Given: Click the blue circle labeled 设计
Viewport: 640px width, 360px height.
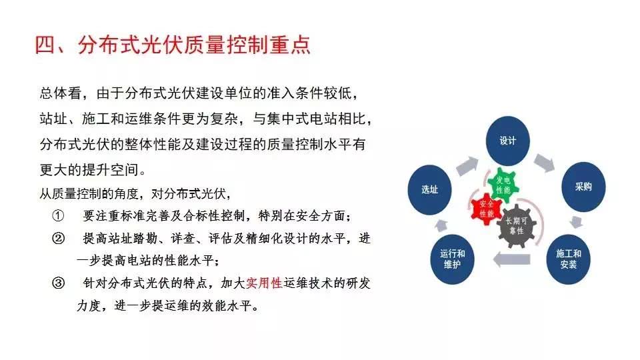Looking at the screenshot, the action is (507, 141).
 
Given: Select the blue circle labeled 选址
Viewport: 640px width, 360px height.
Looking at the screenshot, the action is (429, 190).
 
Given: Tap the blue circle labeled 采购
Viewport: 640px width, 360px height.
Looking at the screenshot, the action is (583, 187).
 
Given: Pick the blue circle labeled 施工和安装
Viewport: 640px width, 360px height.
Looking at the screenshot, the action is (568, 259).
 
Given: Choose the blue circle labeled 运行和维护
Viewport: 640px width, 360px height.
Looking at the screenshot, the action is (452, 259).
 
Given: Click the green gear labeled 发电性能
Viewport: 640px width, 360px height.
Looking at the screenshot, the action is (503, 185).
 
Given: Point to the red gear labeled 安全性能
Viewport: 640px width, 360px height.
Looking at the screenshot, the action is (486, 209).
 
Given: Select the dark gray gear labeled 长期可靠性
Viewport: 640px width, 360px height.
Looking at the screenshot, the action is (516, 226).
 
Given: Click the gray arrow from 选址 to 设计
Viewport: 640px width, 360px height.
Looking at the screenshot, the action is (467, 165).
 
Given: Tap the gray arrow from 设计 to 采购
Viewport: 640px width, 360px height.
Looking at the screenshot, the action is (545, 163).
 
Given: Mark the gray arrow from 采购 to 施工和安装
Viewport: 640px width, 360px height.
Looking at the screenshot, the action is (576, 221).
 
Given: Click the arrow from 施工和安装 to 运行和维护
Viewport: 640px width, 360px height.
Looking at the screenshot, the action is (511, 259).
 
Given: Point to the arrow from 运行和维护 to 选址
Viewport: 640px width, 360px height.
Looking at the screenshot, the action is (441, 225).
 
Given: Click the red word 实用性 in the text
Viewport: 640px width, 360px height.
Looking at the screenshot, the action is (264, 283).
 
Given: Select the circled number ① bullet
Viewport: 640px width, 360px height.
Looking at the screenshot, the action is (58, 215).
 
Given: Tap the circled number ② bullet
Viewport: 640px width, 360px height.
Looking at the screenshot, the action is (58, 238).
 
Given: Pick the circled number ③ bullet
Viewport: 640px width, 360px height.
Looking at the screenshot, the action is (58, 283).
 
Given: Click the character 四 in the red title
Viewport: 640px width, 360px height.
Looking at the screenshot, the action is (45, 45).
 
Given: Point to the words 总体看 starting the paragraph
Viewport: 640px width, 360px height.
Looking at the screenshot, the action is (61, 93).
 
